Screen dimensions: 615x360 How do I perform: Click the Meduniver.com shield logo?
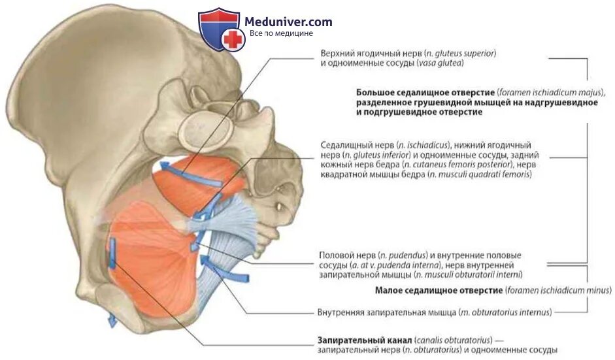pos(220,29)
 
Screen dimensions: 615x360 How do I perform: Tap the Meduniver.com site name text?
pos(288,22)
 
